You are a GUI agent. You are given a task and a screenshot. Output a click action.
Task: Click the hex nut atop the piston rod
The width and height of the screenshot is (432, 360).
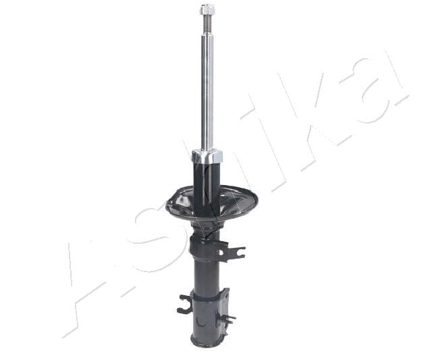[207, 11]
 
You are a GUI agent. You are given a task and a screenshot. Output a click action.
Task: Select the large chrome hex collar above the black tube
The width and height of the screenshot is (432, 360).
[207, 157]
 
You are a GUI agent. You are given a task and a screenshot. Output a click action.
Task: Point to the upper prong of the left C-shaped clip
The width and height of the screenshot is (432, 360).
[186, 298]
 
